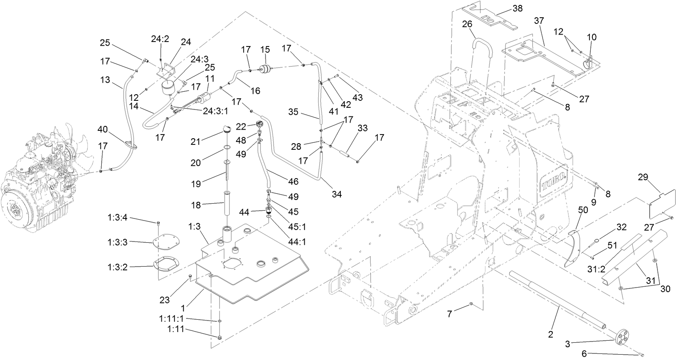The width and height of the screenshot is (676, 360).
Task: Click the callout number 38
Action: pos(517,9)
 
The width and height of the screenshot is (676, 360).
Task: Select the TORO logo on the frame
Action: pos(555,177)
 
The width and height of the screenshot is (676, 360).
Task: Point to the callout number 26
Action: pos(467,24)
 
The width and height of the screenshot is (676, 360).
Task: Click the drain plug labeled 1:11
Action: pos(219,338)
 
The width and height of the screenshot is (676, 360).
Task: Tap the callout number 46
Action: pos(294,181)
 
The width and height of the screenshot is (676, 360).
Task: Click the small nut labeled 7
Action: pos(471,304)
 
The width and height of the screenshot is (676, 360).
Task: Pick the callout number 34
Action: pos(336,194)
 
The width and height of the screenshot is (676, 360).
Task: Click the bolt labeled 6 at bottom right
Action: pos(642,354)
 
